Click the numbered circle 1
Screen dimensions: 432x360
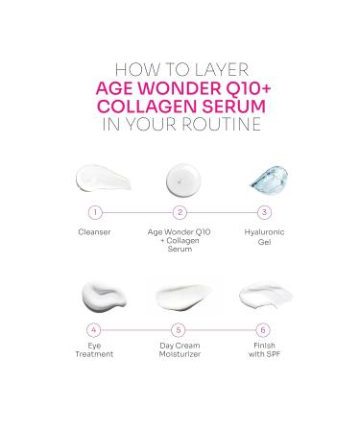point(94,212)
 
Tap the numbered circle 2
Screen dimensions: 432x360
point(180,212)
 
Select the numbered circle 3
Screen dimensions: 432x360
point(265,212)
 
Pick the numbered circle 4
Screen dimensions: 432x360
point(94,328)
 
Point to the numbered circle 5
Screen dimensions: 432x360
point(180,328)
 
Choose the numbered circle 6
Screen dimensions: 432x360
point(265,328)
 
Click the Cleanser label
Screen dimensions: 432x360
point(94,231)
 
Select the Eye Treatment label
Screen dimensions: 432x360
point(94,348)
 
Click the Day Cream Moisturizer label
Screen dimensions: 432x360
point(180,348)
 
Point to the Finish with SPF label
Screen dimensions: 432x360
point(265,348)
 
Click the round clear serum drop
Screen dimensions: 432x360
point(180,179)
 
